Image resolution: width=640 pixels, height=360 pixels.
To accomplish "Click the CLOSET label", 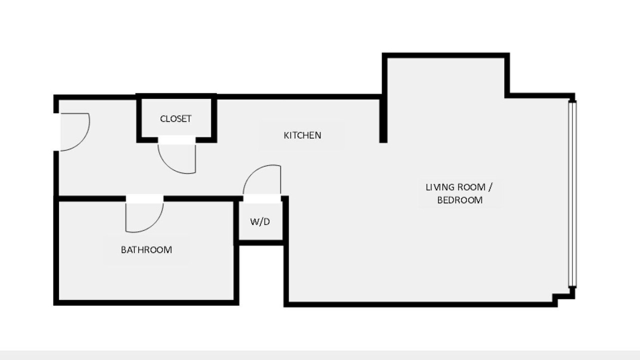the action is [175, 119].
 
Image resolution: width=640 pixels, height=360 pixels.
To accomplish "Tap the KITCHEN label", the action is [302, 135].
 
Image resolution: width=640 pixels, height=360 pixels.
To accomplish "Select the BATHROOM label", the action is [146, 249].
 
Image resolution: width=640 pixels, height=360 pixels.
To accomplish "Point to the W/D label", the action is [260, 221].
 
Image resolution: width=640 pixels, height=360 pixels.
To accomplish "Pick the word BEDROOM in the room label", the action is [459, 200].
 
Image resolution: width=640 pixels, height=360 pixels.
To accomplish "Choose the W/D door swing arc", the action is [251, 171].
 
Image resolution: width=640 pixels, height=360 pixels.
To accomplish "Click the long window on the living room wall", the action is [572, 194].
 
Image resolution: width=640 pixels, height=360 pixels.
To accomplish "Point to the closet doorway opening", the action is [177, 139].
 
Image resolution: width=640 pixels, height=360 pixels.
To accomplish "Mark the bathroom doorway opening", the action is [144, 198].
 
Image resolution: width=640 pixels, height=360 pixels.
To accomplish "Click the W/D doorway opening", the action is [262, 198].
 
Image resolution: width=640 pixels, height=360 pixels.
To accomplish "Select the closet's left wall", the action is [139, 118].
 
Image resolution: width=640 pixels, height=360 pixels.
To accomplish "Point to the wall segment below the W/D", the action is [261, 243].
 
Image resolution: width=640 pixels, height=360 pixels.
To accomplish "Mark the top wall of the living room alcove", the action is [445, 55].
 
